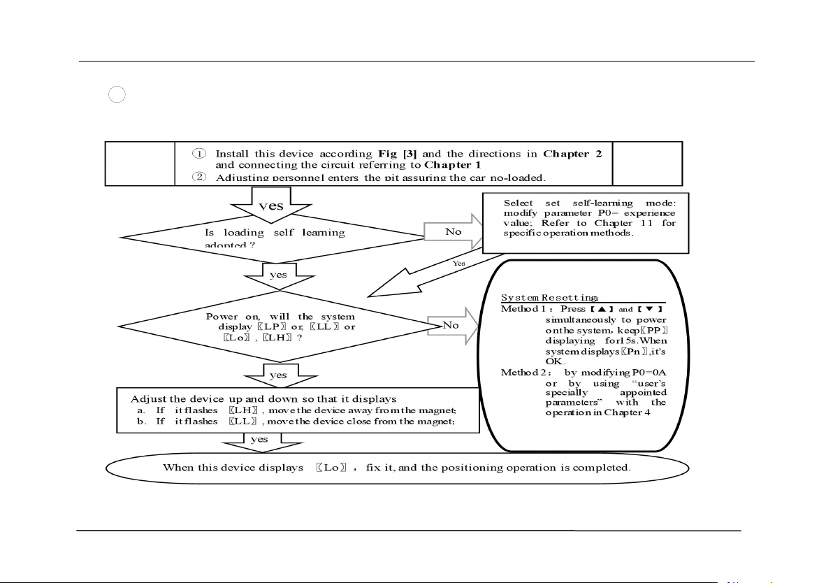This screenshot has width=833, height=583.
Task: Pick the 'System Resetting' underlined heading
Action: pyautogui.click(x=549, y=298)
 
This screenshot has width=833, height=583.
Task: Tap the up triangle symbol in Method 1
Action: pyautogui.click(x=602, y=309)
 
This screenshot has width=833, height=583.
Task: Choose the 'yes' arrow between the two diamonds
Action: pyautogui.click(x=278, y=275)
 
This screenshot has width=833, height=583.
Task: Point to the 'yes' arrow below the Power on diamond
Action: pyautogui.click(x=278, y=376)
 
